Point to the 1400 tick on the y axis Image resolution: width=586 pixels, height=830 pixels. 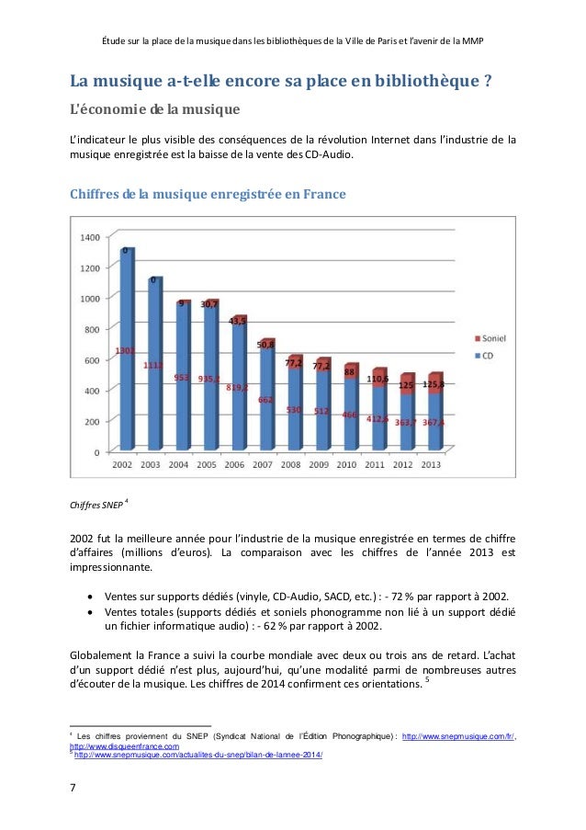pos(90,237)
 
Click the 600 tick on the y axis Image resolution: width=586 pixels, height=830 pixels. pos(93,360)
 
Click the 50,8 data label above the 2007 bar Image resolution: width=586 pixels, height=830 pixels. pos(265,345)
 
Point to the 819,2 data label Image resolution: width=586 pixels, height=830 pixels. pos(236,388)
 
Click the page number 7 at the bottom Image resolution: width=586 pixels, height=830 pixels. pos(73,789)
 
